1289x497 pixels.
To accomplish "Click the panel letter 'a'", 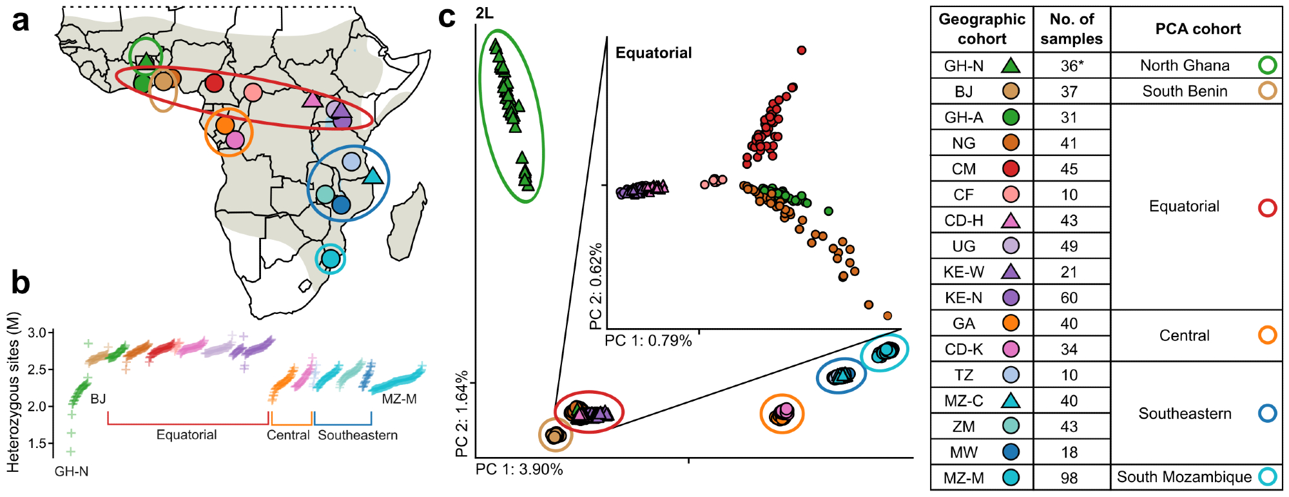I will coord(21,21).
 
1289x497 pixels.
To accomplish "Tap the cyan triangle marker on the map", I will coord(373,175).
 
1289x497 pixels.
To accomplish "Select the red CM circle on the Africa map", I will coord(214,83).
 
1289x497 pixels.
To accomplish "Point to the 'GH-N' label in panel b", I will coord(72,471).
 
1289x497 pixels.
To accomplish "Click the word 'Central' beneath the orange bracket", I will coord(288,435).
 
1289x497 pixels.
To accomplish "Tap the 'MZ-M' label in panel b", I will coord(399,399).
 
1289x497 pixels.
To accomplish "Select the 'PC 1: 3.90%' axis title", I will coord(519,469).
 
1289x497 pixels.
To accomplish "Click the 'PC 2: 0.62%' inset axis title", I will coord(596,286).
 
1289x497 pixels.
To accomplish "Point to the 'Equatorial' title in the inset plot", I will coord(654,53).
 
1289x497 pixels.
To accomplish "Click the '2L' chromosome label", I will coord(485,14).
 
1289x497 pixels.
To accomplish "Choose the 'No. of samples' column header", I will coord(1071,29).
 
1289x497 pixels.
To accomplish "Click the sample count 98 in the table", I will coord(1069,478).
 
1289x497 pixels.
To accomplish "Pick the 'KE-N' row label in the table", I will coord(964,298).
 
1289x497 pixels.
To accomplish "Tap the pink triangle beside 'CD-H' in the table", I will coord(1011,220).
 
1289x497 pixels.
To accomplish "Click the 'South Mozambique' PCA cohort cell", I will coord(1184,477).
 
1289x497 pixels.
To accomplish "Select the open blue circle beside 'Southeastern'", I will coord(1267,413).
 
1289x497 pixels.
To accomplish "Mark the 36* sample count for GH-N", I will coord(1071,66).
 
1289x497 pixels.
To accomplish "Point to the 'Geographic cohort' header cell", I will coord(982,29).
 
